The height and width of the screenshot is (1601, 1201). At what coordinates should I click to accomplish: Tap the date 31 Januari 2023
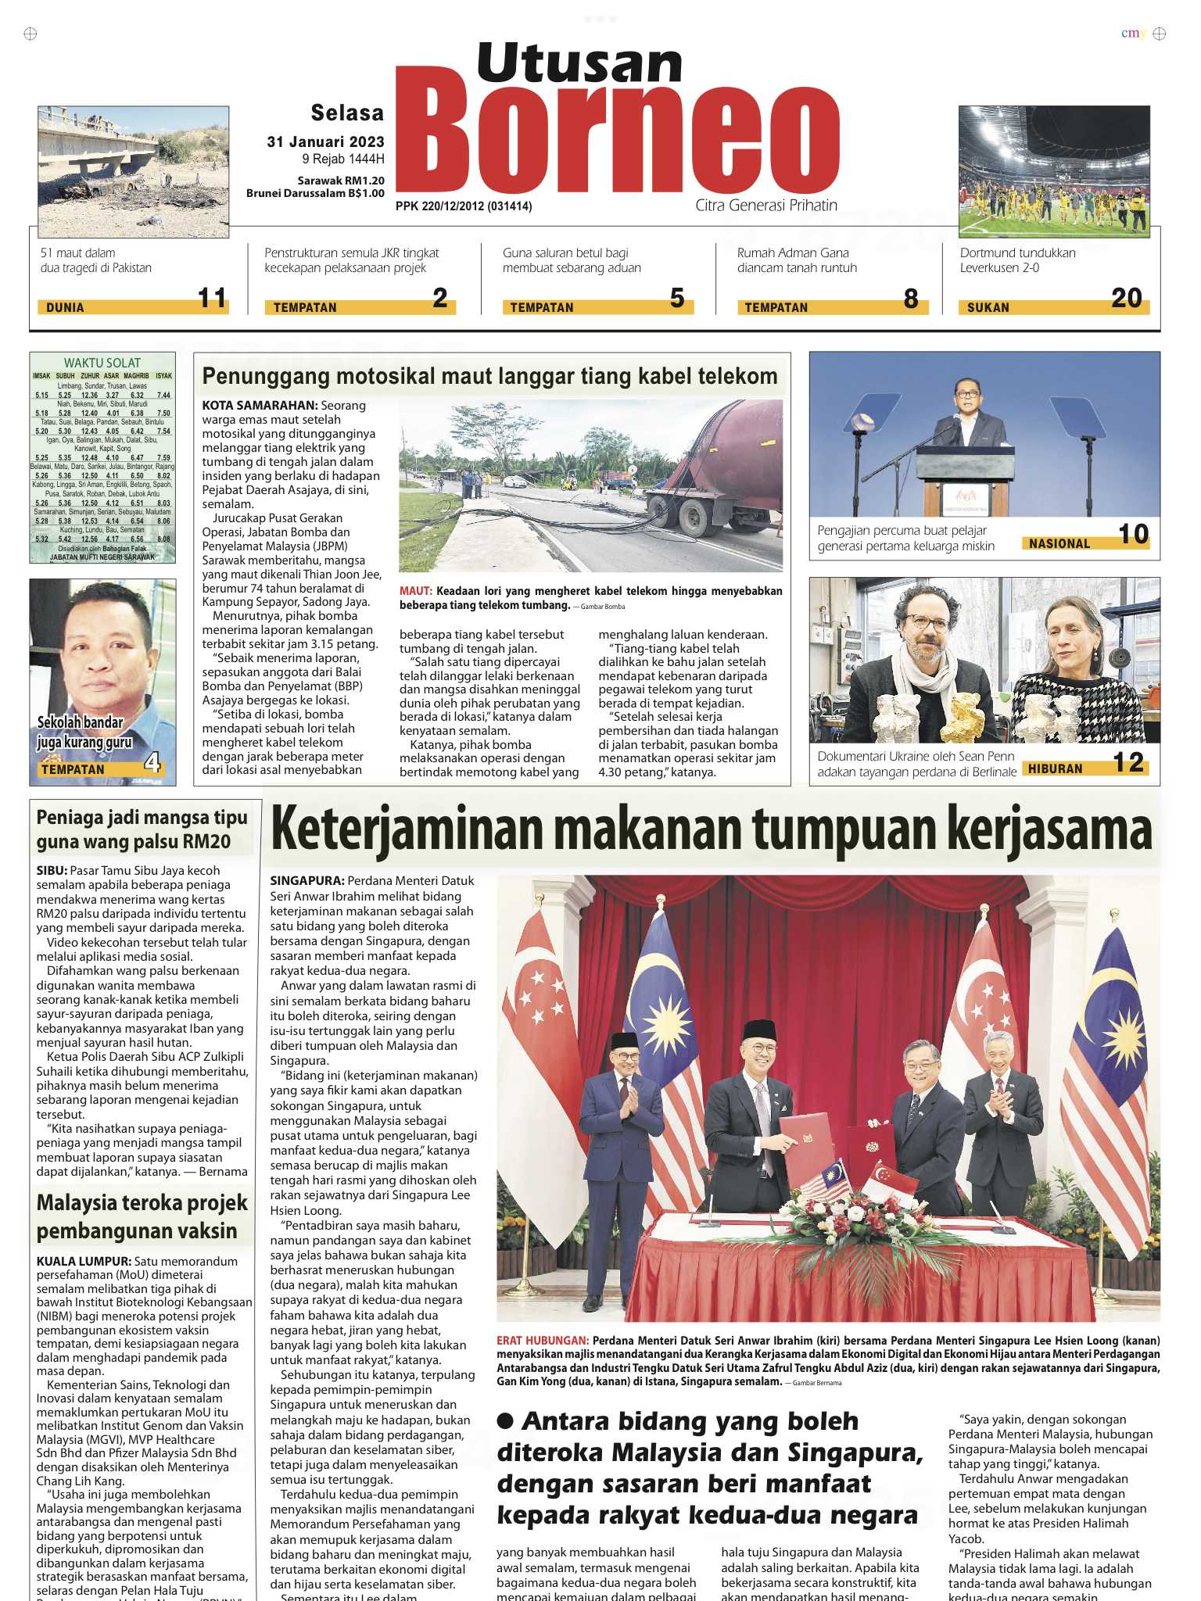(325, 141)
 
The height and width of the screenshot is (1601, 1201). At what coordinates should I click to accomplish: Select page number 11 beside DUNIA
(212, 298)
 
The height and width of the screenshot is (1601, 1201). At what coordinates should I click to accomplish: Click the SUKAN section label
(988, 307)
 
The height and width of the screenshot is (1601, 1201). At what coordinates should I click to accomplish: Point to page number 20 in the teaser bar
(1126, 298)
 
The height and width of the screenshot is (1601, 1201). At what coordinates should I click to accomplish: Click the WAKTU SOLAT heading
(102, 363)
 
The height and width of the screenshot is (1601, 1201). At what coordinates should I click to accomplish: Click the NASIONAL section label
(1059, 543)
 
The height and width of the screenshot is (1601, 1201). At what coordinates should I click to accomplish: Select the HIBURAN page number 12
(1128, 762)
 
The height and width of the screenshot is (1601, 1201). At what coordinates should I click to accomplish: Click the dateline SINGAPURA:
(307, 881)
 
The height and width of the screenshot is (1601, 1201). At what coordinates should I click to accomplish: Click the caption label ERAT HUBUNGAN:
(542, 1341)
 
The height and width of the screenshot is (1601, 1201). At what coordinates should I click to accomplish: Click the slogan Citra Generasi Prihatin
(765, 206)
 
